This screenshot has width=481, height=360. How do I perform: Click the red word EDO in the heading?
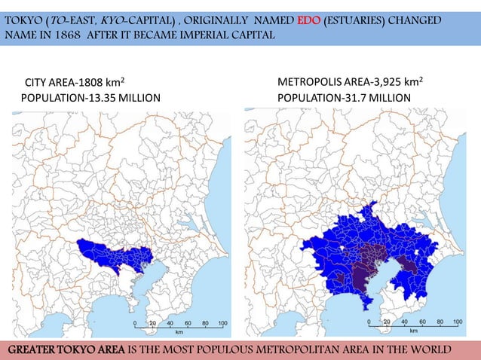pyautogui.click(x=309, y=20)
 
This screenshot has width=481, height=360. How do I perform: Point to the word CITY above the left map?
pyautogui.click(x=39, y=82)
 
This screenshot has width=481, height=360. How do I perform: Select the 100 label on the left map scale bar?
pyautogui.click(x=222, y=322)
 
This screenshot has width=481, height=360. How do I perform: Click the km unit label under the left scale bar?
pyautogui.click(x=179, y=331)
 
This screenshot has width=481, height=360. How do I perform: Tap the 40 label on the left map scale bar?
pyautogui.click(x=170, y=322)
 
